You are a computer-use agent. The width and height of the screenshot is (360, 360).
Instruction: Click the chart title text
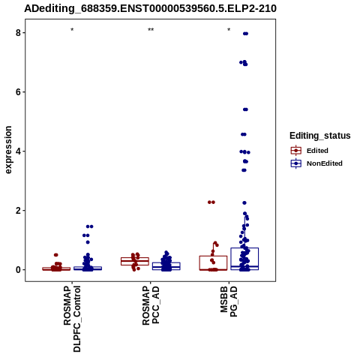(x=150, y=8)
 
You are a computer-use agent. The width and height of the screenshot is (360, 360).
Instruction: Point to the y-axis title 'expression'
(x=8, y=150)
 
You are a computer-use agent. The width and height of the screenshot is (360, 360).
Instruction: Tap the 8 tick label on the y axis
(x=19, y=33)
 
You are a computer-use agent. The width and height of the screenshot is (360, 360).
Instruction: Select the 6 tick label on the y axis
(x=19, y=92)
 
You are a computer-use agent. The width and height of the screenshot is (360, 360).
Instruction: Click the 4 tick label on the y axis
(x=19, y=151)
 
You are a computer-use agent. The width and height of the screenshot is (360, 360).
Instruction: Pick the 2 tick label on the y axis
(x=19, y=211)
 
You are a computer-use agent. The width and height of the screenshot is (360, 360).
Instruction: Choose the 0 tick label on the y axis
(x=19, y=270)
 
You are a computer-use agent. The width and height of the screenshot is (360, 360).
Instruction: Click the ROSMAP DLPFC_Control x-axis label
(x=72, y=319)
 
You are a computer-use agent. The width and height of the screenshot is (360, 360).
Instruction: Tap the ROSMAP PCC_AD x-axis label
(x=151, y=305)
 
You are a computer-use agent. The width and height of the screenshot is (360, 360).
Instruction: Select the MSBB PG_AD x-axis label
(x=229, y=301)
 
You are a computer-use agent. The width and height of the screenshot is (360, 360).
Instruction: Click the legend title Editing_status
(x=320, y=136)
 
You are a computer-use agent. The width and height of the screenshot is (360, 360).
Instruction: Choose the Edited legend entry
(x=309, y=151)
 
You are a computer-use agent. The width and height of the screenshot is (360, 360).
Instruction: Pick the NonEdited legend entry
(x=316, y=163)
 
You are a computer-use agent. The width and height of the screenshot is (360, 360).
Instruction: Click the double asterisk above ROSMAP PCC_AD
(x=151, y=30)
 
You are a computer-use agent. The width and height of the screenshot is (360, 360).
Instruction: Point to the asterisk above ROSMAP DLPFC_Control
(x=72, y=30)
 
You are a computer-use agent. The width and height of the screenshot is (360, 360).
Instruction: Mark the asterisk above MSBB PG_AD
(x=229, y=30)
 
